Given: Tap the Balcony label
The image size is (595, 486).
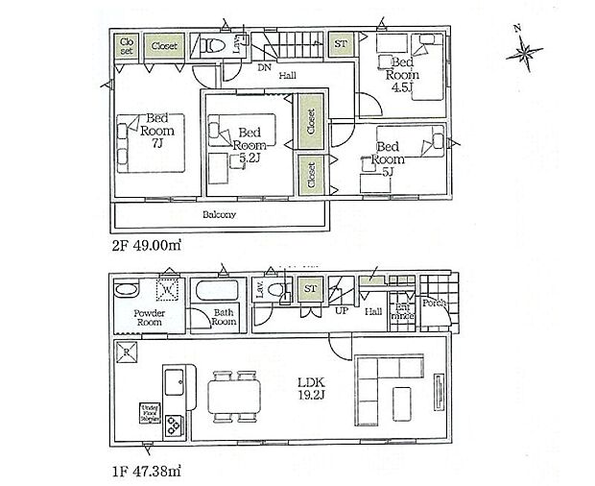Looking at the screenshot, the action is click(x=220, y=215).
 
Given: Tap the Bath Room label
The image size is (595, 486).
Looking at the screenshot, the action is click(x=224, y=318).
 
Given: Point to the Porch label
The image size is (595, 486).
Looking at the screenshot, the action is click(x=434, y=300).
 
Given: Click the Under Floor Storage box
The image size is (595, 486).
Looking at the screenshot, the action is click(x=149, y=412).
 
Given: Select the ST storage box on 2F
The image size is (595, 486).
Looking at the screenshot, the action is click(x=341, y=44).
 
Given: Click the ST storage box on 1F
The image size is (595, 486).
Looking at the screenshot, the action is click(x=310, y=289).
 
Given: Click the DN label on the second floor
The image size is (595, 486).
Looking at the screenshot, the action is click(x=263, y=68).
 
